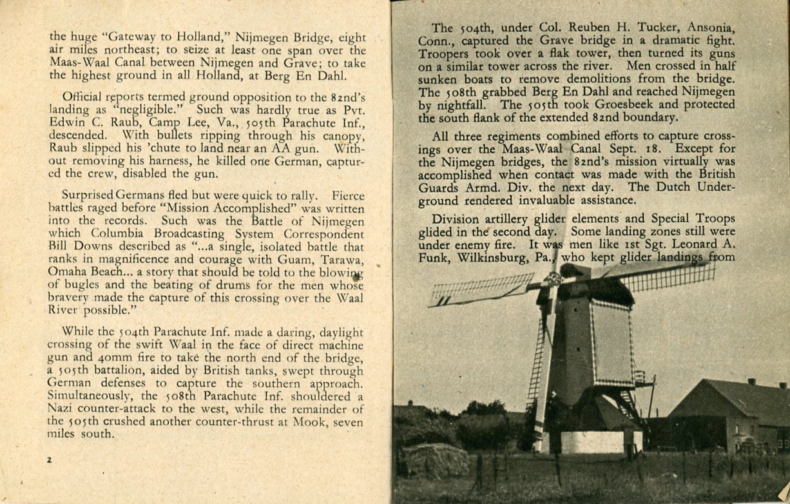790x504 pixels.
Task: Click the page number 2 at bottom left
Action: (x=48, y=460)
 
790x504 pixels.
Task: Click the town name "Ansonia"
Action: (x=709, y=28)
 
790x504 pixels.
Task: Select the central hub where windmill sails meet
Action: (x=553, y=278)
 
